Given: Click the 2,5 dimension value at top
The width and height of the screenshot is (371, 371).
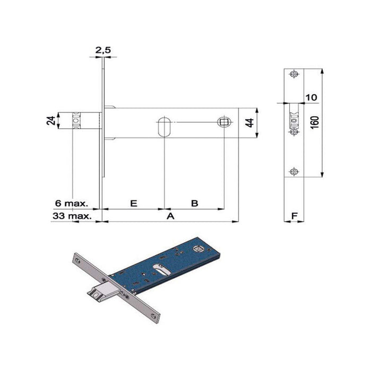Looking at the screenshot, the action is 103,50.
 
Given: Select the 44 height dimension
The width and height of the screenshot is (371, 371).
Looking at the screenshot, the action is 250,123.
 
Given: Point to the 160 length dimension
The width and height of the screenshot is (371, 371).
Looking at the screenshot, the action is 314,122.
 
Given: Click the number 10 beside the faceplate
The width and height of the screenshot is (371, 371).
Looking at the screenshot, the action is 311,97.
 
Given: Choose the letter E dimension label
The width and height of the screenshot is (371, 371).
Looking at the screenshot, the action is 134,203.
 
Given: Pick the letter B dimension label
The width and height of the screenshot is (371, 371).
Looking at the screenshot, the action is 195,203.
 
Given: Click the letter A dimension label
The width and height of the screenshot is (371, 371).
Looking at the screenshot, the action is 170,216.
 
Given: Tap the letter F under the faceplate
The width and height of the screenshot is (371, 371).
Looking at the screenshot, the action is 294,216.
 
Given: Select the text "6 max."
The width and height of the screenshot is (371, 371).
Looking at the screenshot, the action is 72,203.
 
